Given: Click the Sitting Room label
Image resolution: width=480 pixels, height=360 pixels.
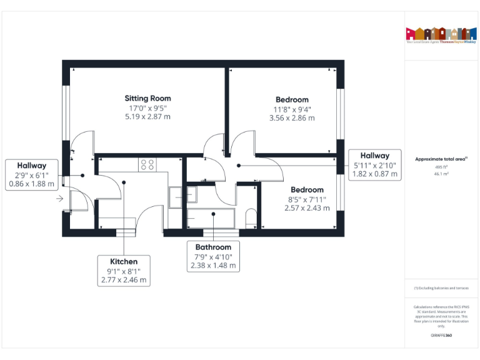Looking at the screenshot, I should click(x=147, y=98).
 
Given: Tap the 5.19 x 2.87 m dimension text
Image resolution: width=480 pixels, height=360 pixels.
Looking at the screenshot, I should click(x=147, y=116).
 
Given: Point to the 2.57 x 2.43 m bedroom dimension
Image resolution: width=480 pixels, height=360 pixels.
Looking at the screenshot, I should click(x=307, y=208).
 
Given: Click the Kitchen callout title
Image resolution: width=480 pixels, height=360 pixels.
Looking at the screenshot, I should click(x=124, y=261).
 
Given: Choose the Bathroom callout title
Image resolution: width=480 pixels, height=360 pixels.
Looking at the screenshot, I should click(x=213, y=247).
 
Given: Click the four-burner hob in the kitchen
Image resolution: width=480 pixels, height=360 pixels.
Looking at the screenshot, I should click(x=147, y=165).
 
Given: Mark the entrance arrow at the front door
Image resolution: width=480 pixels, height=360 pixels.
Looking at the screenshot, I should click(x=59, y=199).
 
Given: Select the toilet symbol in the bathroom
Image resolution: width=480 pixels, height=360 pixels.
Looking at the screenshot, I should click(x=251, y=217).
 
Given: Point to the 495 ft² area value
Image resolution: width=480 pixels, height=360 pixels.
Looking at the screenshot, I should click(x=441, y=167).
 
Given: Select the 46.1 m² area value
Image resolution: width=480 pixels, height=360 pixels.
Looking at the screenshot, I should click(x=441, y=174).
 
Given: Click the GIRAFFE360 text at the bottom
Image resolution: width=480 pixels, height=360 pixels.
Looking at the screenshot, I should click(x=441, y=336).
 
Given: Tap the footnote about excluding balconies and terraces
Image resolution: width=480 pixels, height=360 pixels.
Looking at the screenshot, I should click(x=441, y=288).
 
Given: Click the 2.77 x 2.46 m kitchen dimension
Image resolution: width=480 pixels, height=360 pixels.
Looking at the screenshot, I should click(x=124, y=280).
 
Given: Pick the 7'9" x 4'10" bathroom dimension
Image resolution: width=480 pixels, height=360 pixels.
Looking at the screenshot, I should click(x=213, y=257).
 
